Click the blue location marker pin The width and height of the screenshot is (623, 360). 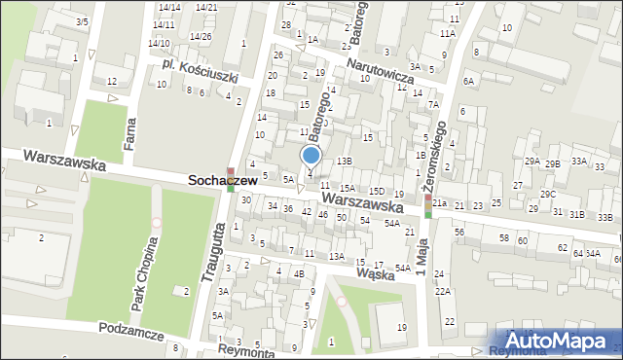click(311, 156)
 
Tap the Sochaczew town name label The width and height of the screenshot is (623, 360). click(222, 181)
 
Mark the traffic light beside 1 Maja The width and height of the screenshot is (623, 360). click(427, 205)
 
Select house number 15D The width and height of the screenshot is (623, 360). click(376, 192)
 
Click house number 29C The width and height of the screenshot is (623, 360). click(549, 195)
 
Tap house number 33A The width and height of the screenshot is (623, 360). click(579, 161)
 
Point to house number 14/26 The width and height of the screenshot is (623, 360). click(201, 37)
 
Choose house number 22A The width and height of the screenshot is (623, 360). click(443, 291)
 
